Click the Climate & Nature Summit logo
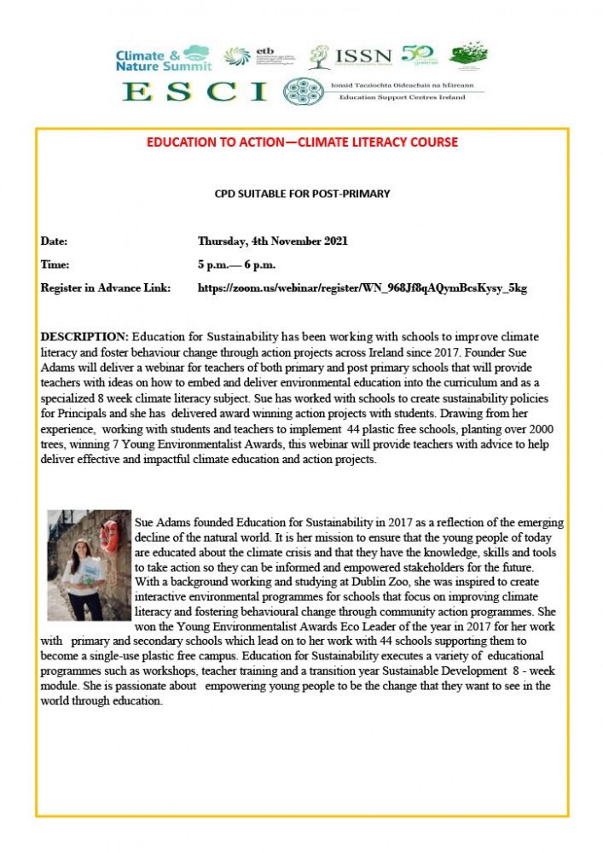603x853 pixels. pos(162,57)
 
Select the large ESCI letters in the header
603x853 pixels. pos(195,91)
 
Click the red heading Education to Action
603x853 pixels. pos(302,142)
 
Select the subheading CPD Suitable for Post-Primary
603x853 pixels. pos(302,194)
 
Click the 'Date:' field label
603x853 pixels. pos(54,241)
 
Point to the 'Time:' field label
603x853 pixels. pos(55,264)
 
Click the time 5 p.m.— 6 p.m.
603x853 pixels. pos(236,264)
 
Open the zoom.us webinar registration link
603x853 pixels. pos(362,288)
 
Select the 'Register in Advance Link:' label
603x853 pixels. pos(106,288)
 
